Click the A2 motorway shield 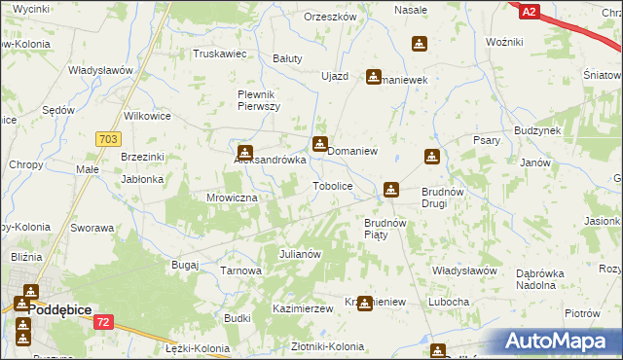(528, 12)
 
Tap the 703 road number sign (108, 140)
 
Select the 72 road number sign (104, 321)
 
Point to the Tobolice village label (331, 185)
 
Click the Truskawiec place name (219, 54)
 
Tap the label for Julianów (300, 254)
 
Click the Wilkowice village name (147, 116)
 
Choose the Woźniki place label (504, 44)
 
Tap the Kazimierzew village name (303, 307)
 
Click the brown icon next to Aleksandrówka (245, 152)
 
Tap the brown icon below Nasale (419, 44)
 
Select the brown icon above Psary (431, 157)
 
